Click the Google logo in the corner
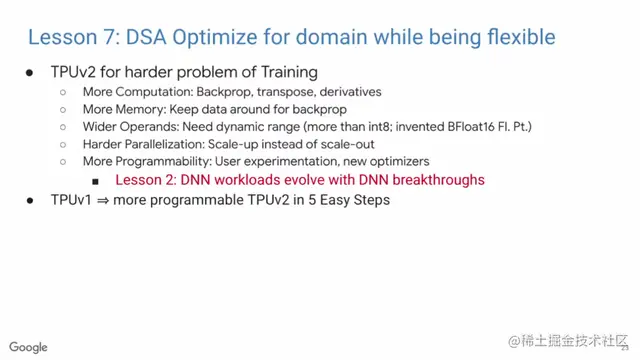[x=28, y=347]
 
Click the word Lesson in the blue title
[x=62, y=37]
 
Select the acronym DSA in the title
[x=146, y=37]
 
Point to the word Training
[x=289, y=72]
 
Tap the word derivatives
[x=351, y=92]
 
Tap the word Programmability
[x=162, y=162]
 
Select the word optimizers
[x=400, y=162]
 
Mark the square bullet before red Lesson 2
[x=96, y=181]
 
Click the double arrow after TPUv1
[x=103, y=200]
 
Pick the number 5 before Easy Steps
[x=311, y=200]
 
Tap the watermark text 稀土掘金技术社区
[x=574, y=341]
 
